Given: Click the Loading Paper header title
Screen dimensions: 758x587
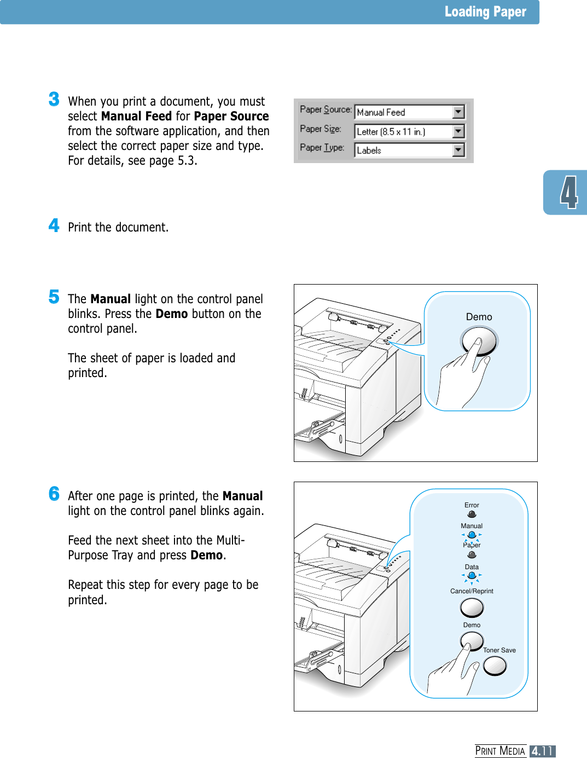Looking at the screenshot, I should tap(485, 12).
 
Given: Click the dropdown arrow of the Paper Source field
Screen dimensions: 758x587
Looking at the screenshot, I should tap(458, 112).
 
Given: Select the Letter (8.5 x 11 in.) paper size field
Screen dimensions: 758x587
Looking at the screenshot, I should tap(404, 131).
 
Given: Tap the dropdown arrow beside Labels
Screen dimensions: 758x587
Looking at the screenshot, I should tap(458, 150).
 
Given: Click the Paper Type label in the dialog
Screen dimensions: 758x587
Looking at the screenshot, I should tap(322, 148).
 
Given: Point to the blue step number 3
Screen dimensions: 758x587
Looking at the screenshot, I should tap(54, 99).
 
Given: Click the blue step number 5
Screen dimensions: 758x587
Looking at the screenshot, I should tap(54, 297).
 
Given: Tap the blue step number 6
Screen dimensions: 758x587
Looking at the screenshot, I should tap(54, 494).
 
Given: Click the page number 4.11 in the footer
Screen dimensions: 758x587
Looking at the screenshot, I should tap(542, 751).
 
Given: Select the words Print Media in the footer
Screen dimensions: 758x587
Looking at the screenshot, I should tap(500, 751).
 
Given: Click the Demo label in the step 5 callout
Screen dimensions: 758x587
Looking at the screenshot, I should tap(479, 317).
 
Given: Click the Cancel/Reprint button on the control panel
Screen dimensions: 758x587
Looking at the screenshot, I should tap(472, 607).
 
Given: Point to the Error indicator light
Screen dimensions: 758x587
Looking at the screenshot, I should tap(472, 514).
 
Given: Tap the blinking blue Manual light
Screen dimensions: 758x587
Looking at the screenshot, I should tap(472, 535).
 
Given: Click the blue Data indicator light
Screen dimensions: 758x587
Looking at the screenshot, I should tap(472, 576).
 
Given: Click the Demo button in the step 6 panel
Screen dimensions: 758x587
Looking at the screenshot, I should tap(472, 640).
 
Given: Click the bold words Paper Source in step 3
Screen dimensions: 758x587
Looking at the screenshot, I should tap(231, 117).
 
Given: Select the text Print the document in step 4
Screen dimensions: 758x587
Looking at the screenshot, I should tap(118, 228).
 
